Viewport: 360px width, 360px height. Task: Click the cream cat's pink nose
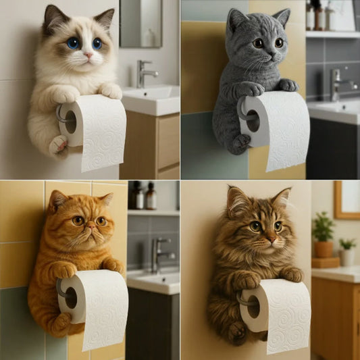tap(88, 53)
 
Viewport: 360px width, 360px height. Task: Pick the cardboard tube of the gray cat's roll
tap(252, 120)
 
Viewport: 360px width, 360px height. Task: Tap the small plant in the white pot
tap(347, 251)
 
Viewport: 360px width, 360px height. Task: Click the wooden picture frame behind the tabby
tap(346, 199)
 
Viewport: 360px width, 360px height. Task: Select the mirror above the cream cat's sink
tap(140, 24)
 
